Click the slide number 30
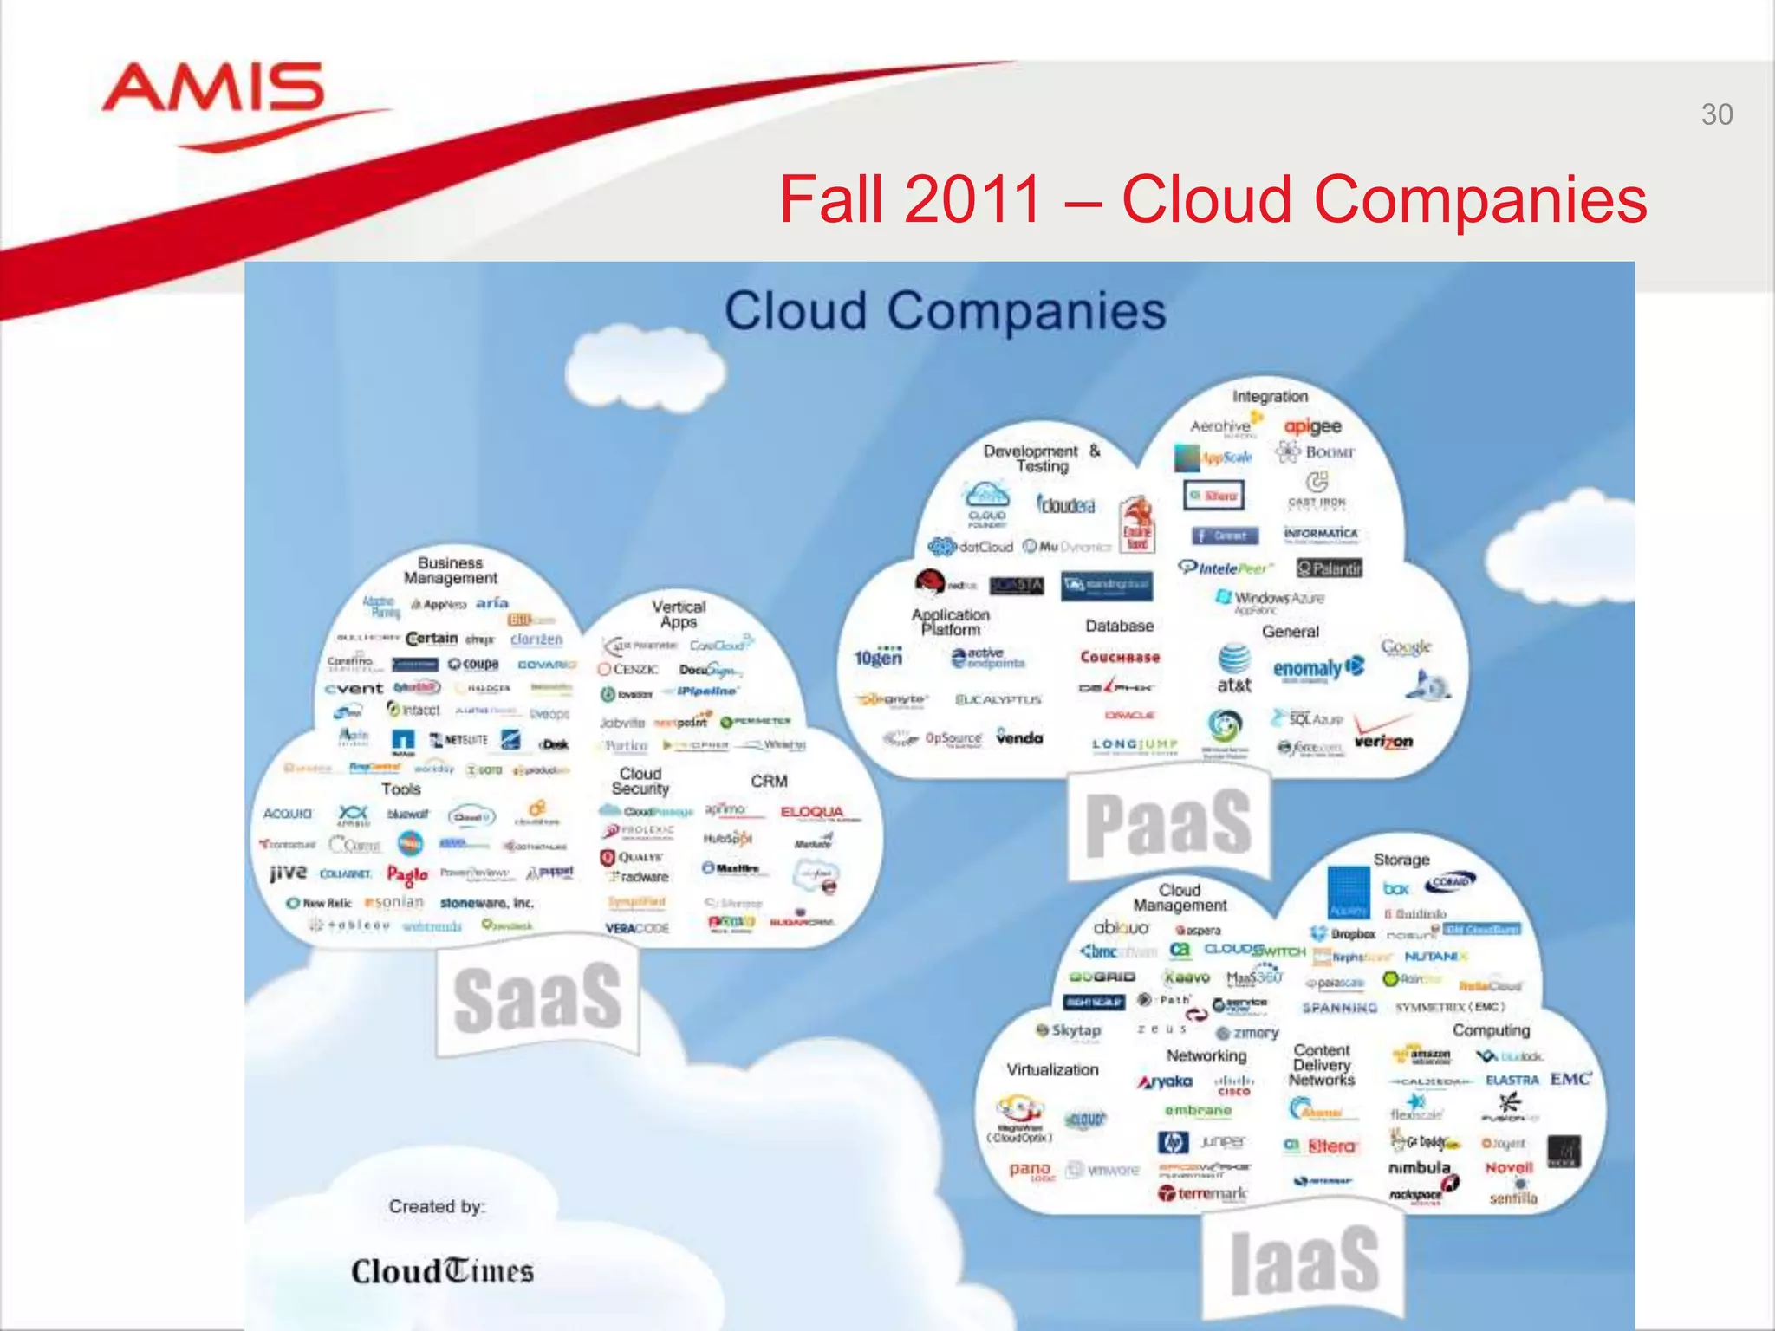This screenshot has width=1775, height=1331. click(1716, 114)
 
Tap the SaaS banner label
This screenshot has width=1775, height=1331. click(536, 998)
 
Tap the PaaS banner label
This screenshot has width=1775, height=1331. click(1167, 822)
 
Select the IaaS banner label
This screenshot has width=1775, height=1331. click(1304, 1261)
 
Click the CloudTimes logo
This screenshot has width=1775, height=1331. click(442, 1271)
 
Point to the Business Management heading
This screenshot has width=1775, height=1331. click(450, 570)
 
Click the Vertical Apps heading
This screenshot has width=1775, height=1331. click(679, 614)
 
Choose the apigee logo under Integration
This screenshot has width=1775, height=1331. click(1312, 426)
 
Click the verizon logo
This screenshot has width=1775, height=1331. click(1383, 741)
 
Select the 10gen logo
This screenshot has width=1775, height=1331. click(878, 658)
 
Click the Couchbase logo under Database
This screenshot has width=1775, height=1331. click(1120, 657)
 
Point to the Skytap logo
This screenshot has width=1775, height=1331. click(1069, 1030)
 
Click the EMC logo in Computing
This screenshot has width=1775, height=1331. click(1570, 1079)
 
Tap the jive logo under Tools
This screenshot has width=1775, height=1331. click(288, 872)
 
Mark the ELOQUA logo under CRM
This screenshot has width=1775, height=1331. click(813, 812)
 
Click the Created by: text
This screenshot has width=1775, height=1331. click(437, 1206)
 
